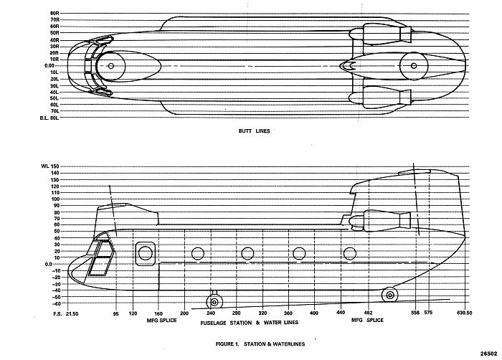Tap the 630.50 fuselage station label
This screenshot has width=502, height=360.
pyautogui.click(x=464, y=314)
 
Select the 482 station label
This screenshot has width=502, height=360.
pyautogui.click(x=369, y=314)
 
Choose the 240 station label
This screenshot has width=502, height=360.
pyautogui.click(x=211, y=314)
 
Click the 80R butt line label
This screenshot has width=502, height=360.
pyautogui.click(x=55, y=13)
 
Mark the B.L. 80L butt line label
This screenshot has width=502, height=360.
pyautogui.click(x=49, y=118)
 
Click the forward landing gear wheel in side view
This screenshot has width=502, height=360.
pyautogui.click(x=214, y=301)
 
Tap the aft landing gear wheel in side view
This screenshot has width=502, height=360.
pyautogui.click(x=389, y=295)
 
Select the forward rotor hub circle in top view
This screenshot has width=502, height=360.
pyautogui.click(x=110, y=66)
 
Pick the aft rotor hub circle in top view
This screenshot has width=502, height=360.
pyautogui.click(x=415, y=66)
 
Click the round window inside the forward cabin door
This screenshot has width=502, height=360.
pyautogui.click(x=146, y=252)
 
